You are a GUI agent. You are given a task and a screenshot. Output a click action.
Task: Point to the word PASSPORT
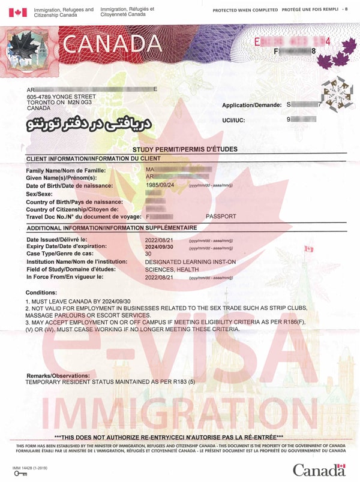point(221,216)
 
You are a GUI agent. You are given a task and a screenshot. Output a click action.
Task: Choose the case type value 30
point(149,254)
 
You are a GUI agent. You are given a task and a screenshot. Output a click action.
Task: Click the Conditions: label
point(42,292)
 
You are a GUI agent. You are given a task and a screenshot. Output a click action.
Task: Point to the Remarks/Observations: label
point(58,375)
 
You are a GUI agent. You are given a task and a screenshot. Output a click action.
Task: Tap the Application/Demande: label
point(251,105)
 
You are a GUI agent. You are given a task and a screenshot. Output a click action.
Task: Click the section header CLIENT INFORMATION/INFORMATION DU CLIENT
point(93,158)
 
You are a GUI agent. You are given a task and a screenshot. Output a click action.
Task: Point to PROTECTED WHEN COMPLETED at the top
point(244,10)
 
